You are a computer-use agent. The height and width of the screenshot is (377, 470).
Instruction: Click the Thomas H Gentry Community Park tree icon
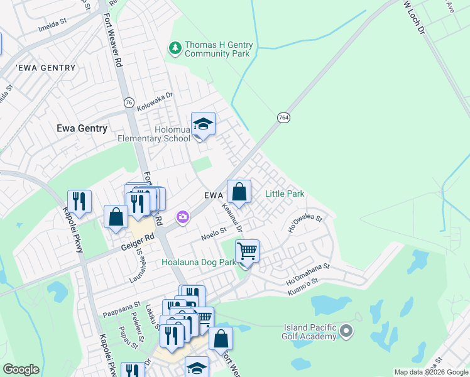pyautogui.click(x=174, y=48)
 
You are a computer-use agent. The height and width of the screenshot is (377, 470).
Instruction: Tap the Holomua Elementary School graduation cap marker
pyautogui.click(x=203, y=124)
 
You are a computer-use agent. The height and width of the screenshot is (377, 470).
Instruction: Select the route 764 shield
pyautogui.click(x=283, y=117)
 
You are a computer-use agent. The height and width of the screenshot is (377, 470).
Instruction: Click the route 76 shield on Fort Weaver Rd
pyautogui.click(x=129, y=102)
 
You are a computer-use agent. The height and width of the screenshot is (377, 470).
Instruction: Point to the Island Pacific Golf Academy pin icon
pyautogui.click(x=346, y=330)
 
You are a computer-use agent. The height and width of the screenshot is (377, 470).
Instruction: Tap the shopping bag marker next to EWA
pyautogui.click(x=239, y=192)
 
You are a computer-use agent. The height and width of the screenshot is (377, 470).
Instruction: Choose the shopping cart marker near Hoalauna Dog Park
pyautogui.click(x=248, y=251)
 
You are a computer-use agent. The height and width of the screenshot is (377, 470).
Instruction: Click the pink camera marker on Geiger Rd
pyautogui.click(x=182, y=217)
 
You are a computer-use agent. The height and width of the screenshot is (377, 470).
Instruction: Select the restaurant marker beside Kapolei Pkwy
pyautogui.click(x=79, y=201)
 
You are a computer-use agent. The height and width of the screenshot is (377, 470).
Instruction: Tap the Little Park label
pyautogui.click(x=285, y=194)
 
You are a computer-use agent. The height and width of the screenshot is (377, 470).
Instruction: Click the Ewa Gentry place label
pyautogui.click(x=82, y=128)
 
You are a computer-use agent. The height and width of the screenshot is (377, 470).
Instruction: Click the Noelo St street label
pyautogui.click(x=213, y=234)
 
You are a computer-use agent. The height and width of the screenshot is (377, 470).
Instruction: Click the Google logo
pyautogui.click(x=21, y=370)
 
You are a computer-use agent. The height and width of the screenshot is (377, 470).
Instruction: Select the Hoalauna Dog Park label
pyautogui.click(x=199, y=261)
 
